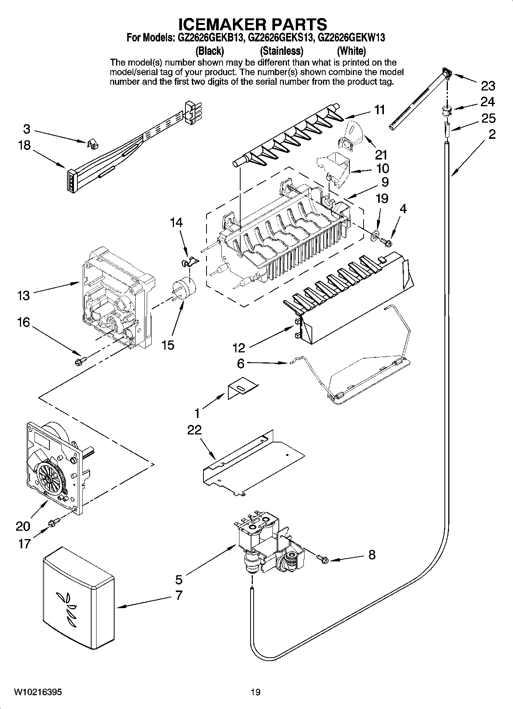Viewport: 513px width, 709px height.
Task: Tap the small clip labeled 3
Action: coord(92,144)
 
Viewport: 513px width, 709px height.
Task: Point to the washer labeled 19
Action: coord(374,234)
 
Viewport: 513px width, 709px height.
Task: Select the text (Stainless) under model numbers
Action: coord(282,51)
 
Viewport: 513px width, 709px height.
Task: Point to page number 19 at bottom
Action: coord(256,692)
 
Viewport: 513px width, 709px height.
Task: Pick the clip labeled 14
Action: coord(189,262)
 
